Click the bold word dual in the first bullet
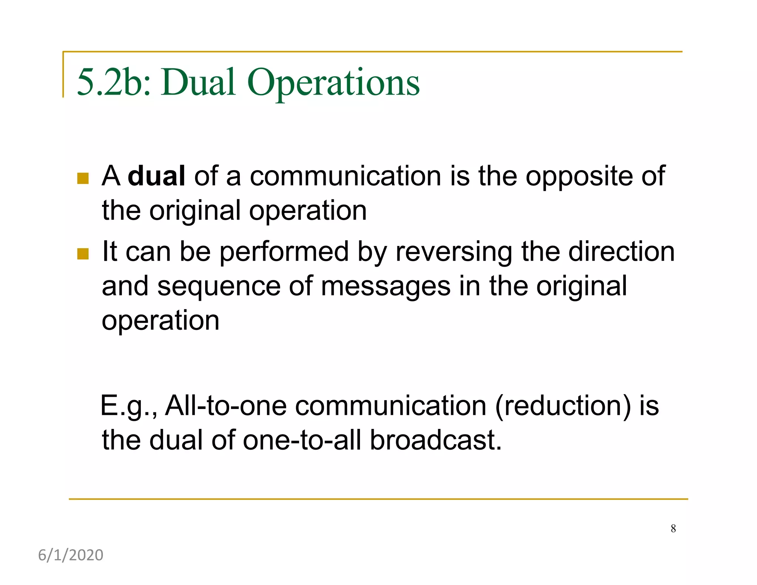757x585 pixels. [156, 176]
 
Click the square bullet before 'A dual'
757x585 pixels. [83, 179]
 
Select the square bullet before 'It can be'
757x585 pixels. [83, 254]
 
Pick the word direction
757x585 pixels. [621, 251]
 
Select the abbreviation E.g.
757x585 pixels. [129, 406]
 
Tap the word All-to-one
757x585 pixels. [225, 406]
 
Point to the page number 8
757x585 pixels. [673, 528]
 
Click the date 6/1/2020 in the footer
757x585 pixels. [71, 555]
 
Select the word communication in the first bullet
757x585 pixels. [345, 176]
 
